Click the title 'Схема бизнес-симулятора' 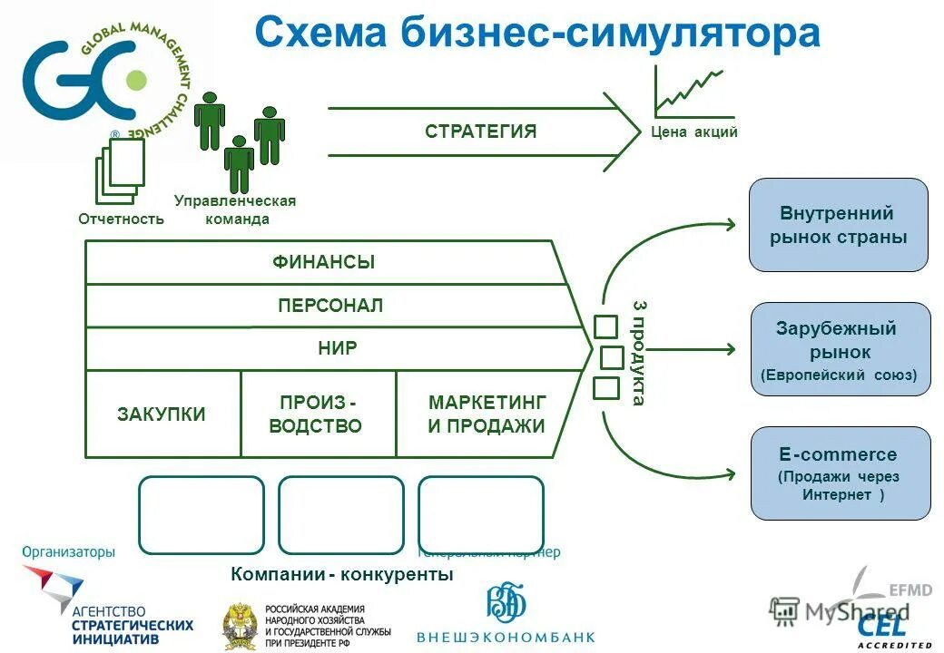pyautogui.click(x=536, y=34)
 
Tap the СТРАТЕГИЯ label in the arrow pyautogui.click(x=480, y=132)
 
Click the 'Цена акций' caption pyautogui.click(x=694, y=132)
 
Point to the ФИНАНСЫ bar pyautogui.click(x=323, y=263)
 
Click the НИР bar pyautogui.click(x=338, y=348)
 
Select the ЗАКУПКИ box pyautogui.click(x=162, y=414)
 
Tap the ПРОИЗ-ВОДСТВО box pyautogui.click(x=316, y=414)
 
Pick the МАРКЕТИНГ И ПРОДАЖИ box pyautogui.click(x=487, y=414)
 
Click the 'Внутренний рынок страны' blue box pyautogui.click(x=838, y=225)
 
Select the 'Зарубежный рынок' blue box pyautogui.click(x=840, y=349)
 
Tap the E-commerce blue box pyautogui.click(x=840, y=473)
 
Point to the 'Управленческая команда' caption pyautogui.click(x=235, y=210)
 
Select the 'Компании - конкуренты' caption pyautogui.click(x=341, y=574)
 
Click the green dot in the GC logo pyautogui.click(x=136, y=80)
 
